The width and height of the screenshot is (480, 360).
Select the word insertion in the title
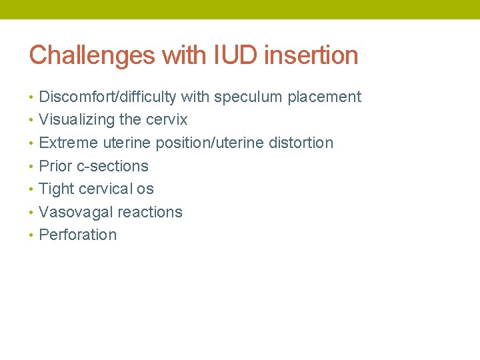point(311,55)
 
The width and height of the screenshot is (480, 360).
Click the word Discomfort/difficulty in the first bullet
point(107,97)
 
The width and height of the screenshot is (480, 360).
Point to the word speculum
point(248,97)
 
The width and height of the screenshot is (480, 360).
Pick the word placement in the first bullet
point(324,97)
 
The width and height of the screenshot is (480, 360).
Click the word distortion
point(302,143)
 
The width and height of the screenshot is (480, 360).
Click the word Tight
point(57,189)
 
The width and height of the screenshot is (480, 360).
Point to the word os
point(145,189)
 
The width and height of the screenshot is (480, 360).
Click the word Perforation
point(78,235)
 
